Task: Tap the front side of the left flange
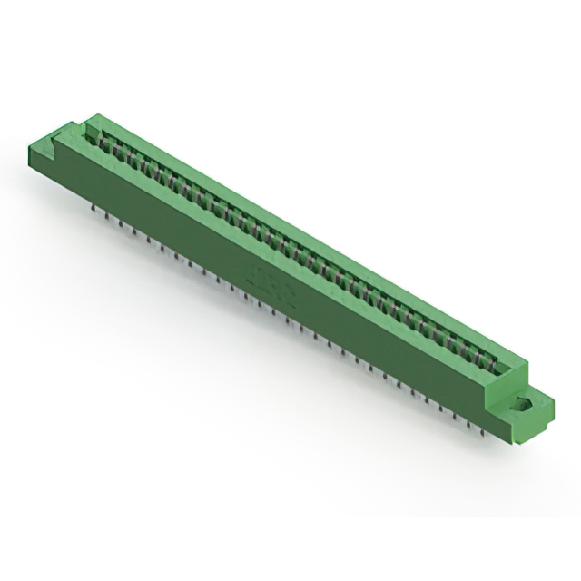click(41, 164)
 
